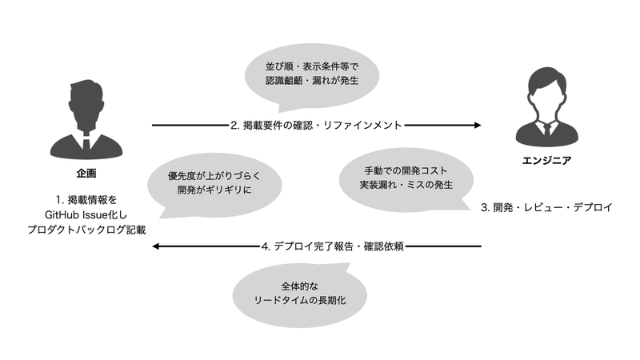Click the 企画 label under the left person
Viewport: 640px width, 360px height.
coord(86,174)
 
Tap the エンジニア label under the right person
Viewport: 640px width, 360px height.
coord(546,161)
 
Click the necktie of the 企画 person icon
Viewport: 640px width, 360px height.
coord(86,143)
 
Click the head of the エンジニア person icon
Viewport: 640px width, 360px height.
coord(546,89)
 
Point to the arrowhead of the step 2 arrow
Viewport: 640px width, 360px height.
coord(478,126)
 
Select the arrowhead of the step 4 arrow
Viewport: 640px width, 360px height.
coord(156,246)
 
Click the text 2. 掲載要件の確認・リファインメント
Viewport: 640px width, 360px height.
coord(316,126)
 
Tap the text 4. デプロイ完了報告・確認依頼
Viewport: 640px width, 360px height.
coord(333,246)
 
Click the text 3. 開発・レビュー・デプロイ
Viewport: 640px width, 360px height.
coord(546,207)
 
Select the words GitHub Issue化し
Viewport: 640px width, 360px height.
coord(86,214)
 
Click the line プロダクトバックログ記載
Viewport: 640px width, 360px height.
coord(86,230)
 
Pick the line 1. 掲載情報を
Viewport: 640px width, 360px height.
coord(86,200)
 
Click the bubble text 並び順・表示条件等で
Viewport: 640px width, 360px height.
coord(312,66)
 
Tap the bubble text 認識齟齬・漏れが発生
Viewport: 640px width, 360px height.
coord(312,81)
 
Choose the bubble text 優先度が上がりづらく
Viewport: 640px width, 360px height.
coord(214,176)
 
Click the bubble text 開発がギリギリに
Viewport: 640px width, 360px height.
coord(214,190)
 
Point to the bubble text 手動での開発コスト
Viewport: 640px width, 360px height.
coord(406,170)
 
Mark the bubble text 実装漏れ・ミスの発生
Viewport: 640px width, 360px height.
coord(406,185)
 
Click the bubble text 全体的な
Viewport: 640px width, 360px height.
coord(299,286)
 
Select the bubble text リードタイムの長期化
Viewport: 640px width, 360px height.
coord(299,301)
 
